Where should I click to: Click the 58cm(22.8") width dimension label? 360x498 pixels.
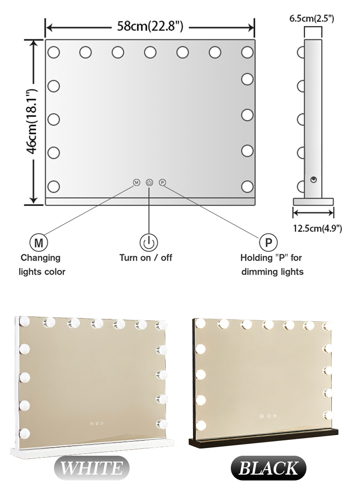150,27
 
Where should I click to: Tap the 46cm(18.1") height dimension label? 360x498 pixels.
32,121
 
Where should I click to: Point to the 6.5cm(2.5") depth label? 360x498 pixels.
311,18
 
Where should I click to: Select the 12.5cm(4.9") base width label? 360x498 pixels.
317,228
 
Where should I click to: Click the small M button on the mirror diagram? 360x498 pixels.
137,183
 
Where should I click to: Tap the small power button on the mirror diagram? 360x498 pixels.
149,183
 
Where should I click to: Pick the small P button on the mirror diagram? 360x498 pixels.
163,183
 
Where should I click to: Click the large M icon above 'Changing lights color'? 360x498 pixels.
38,243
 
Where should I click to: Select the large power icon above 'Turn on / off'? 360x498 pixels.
148,243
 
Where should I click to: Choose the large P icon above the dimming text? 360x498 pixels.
269,243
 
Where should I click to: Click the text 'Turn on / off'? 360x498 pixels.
146,258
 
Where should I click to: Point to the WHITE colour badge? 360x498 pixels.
91,468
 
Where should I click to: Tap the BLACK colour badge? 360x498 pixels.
269,468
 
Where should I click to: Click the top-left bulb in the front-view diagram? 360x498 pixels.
54,52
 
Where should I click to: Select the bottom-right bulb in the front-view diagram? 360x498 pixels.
247,186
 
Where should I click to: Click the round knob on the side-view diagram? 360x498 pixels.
314,180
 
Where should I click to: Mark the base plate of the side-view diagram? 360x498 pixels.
313,202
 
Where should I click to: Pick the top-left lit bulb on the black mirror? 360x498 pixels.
201,323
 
